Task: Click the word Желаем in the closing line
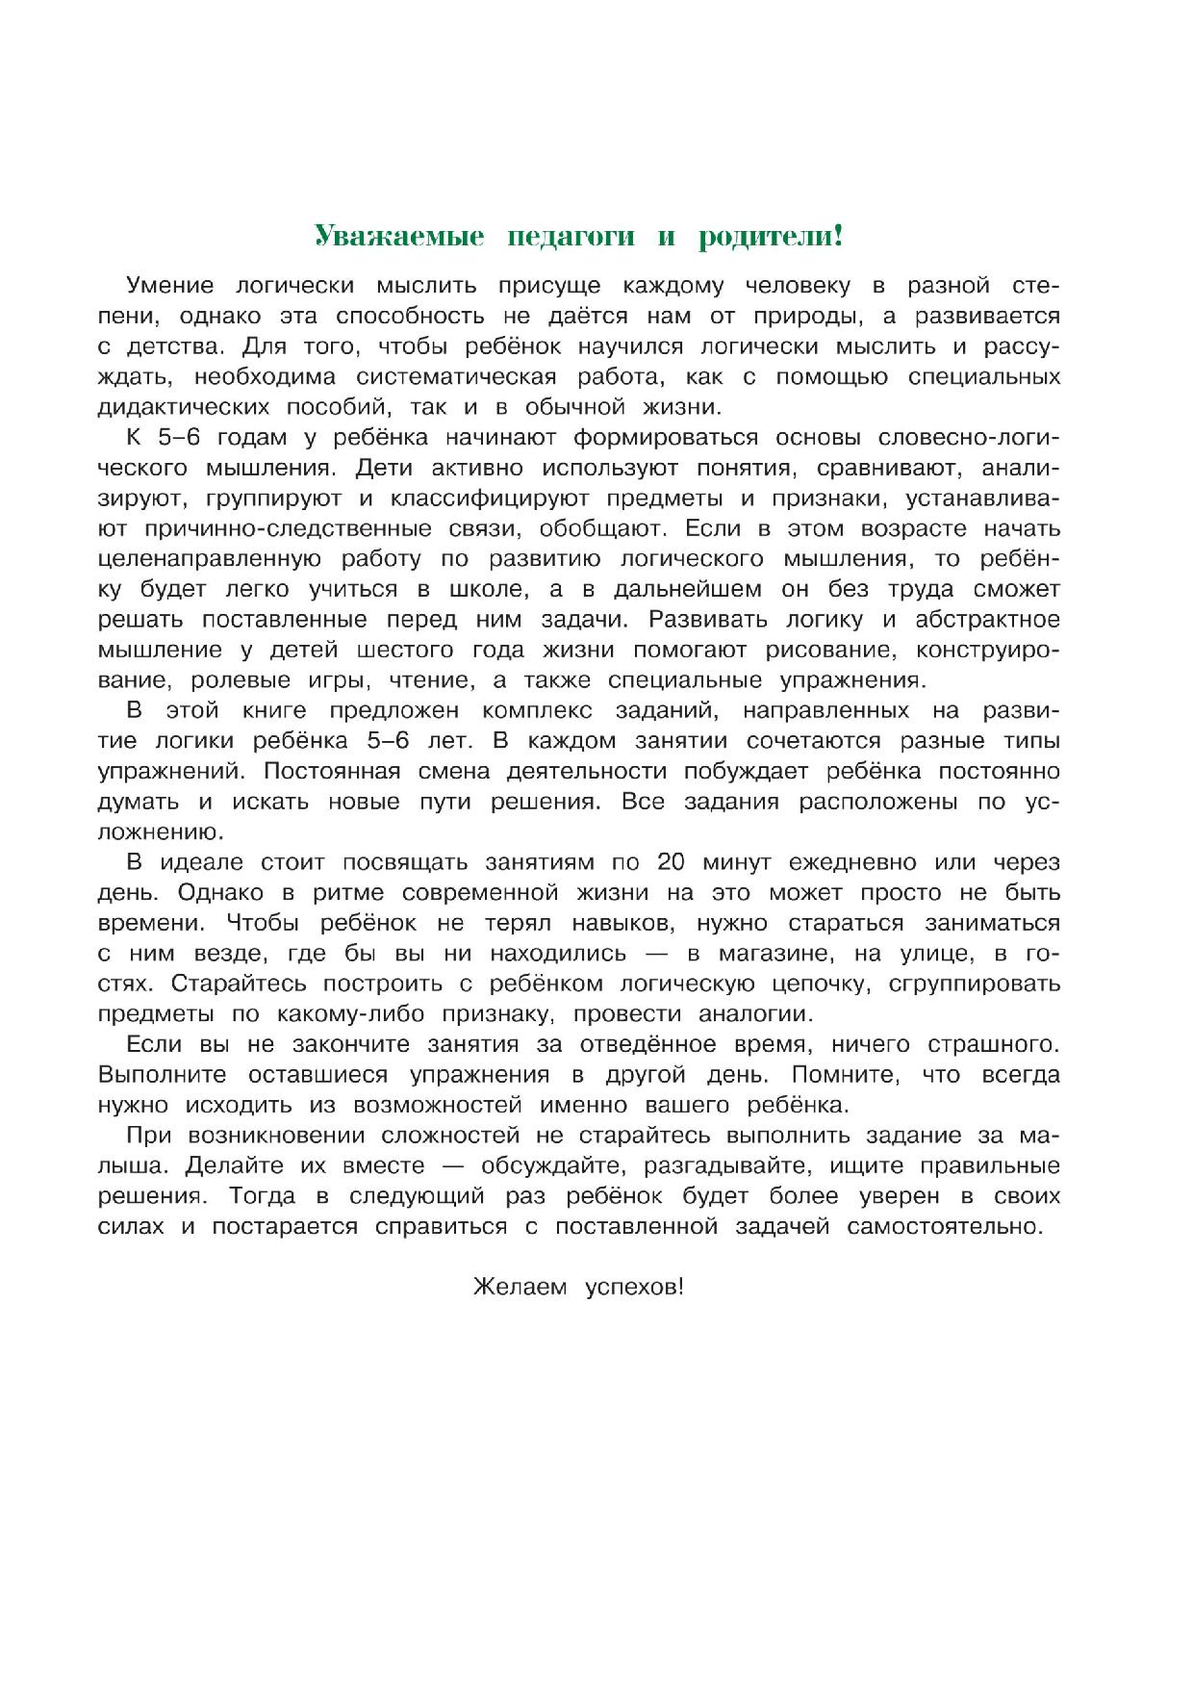tap(520, 1288)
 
